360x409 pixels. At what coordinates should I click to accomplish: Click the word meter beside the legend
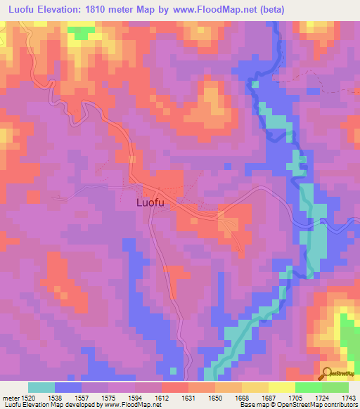tap(10, 397)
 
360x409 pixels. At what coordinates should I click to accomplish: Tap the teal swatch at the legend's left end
tap(41, 387)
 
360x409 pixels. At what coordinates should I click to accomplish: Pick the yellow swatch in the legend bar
tap(282, 387)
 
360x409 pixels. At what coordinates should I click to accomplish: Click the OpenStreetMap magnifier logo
tap(325, 375)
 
